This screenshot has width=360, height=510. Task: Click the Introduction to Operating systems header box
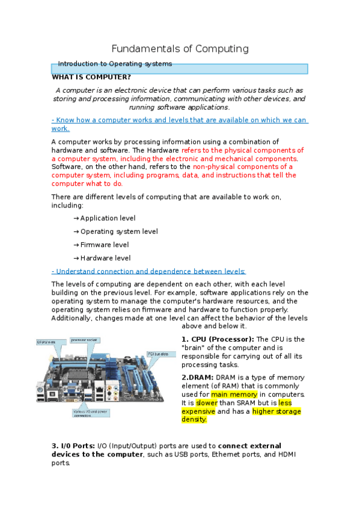[180, 68]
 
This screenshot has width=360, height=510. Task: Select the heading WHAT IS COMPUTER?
[91, 77]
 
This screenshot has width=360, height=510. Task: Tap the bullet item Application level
[108, 218]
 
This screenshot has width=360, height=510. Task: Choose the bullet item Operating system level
[119, 232]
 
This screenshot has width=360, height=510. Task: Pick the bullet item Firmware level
[105, 245]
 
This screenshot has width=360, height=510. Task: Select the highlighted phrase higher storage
[276, 411]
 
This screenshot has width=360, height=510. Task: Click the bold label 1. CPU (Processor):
[218, 340]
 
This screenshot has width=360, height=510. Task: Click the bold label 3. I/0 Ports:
[73, 446]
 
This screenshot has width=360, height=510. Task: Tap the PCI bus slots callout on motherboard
[161, 354]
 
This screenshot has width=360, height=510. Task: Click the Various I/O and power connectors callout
[91, 413]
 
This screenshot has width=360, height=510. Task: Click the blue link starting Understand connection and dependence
[148, 271]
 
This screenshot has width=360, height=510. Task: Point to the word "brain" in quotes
[194, 348]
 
